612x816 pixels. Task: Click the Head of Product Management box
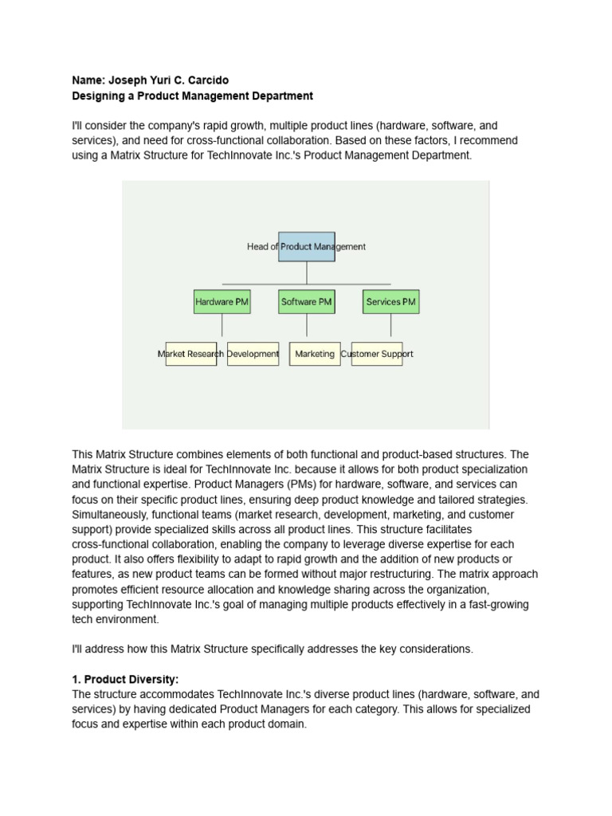tap(306, 246)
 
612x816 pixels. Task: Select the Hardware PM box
tap(222, 302)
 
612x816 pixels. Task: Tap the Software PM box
tap(306, 302)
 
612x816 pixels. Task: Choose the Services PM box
tap(390, 302)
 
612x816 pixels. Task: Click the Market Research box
tap(190, 354)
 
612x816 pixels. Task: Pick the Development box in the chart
tap(253, 354)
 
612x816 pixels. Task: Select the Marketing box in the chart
tap(315, 354)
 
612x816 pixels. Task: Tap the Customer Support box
tap(377, 354)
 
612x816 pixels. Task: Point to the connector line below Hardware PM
tap(222, 325)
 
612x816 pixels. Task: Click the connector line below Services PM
tap(390, 325)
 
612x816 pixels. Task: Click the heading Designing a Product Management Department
tap(192, 96)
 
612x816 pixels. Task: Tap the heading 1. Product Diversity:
tap(125, 679)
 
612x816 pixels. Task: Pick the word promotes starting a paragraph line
tap(96, 589)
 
